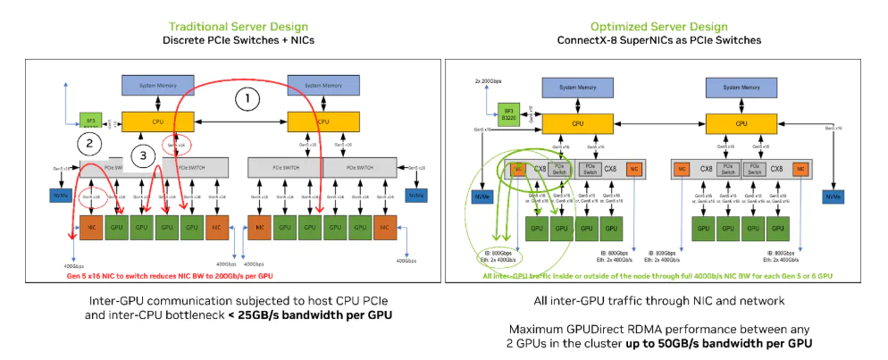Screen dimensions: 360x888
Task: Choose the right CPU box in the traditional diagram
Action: tap(319, 121)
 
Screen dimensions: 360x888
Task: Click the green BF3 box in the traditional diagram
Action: tap(89, 120)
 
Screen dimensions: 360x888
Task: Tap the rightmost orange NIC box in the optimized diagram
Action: tap(801, 167)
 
